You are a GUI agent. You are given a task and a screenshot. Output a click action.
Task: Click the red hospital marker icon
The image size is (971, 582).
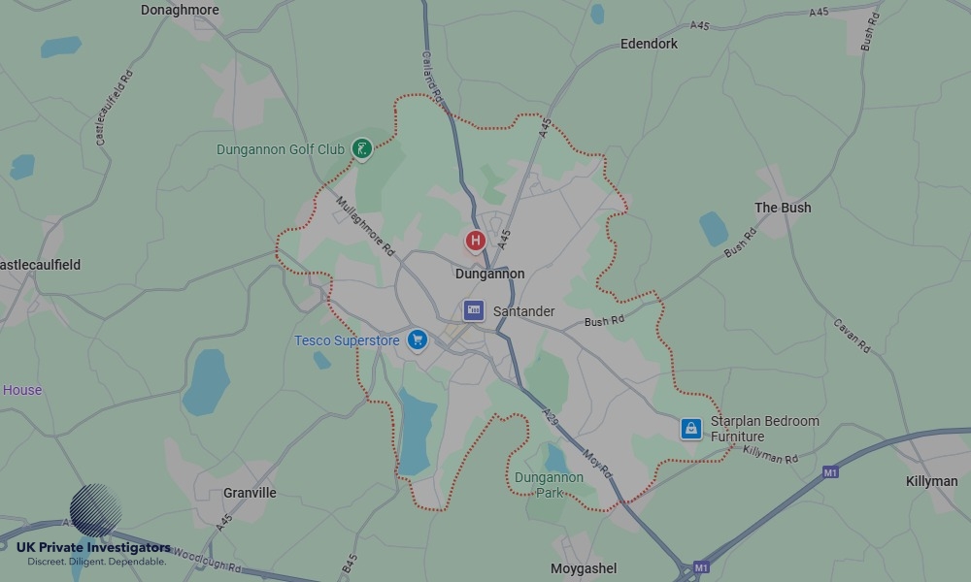(x=475, y=240)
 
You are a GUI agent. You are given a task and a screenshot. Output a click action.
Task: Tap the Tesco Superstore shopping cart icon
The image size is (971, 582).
(x=418, y=339)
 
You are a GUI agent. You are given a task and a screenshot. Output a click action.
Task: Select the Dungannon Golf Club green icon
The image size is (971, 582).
(x=362, y=149)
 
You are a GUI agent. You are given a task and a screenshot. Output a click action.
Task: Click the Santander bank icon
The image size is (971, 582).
(x=474, y=311)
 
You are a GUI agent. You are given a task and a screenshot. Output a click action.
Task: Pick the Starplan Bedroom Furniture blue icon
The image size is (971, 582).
(x=690, y=428)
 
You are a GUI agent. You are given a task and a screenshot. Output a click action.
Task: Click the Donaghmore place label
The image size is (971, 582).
(x=180, y=10)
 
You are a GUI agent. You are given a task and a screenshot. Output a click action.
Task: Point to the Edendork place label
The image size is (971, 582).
(x=649, y=44)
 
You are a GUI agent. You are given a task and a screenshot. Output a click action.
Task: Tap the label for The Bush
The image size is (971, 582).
(x=783, y=208)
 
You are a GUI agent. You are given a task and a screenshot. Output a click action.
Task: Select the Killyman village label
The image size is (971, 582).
(x=931, y=481)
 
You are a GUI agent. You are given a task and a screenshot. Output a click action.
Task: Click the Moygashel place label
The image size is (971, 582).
(x=584, y=568)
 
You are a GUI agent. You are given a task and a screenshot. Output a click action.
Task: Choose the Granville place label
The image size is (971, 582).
(x=250, y=493)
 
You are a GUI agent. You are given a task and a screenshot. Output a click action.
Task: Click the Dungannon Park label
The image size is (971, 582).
(x=549, y=485)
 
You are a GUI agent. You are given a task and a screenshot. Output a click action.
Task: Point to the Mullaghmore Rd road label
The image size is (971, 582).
(x=365, y=227)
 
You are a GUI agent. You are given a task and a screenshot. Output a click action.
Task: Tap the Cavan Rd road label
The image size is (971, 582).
(x=852, y=336)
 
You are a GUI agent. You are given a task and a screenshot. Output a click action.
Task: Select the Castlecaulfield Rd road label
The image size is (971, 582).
(x=115, y=108)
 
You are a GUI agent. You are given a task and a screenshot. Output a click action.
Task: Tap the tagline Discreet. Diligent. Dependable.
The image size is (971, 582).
(x=96, y=562)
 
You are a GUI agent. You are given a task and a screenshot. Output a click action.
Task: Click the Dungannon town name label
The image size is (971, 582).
(x=489, y=275)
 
